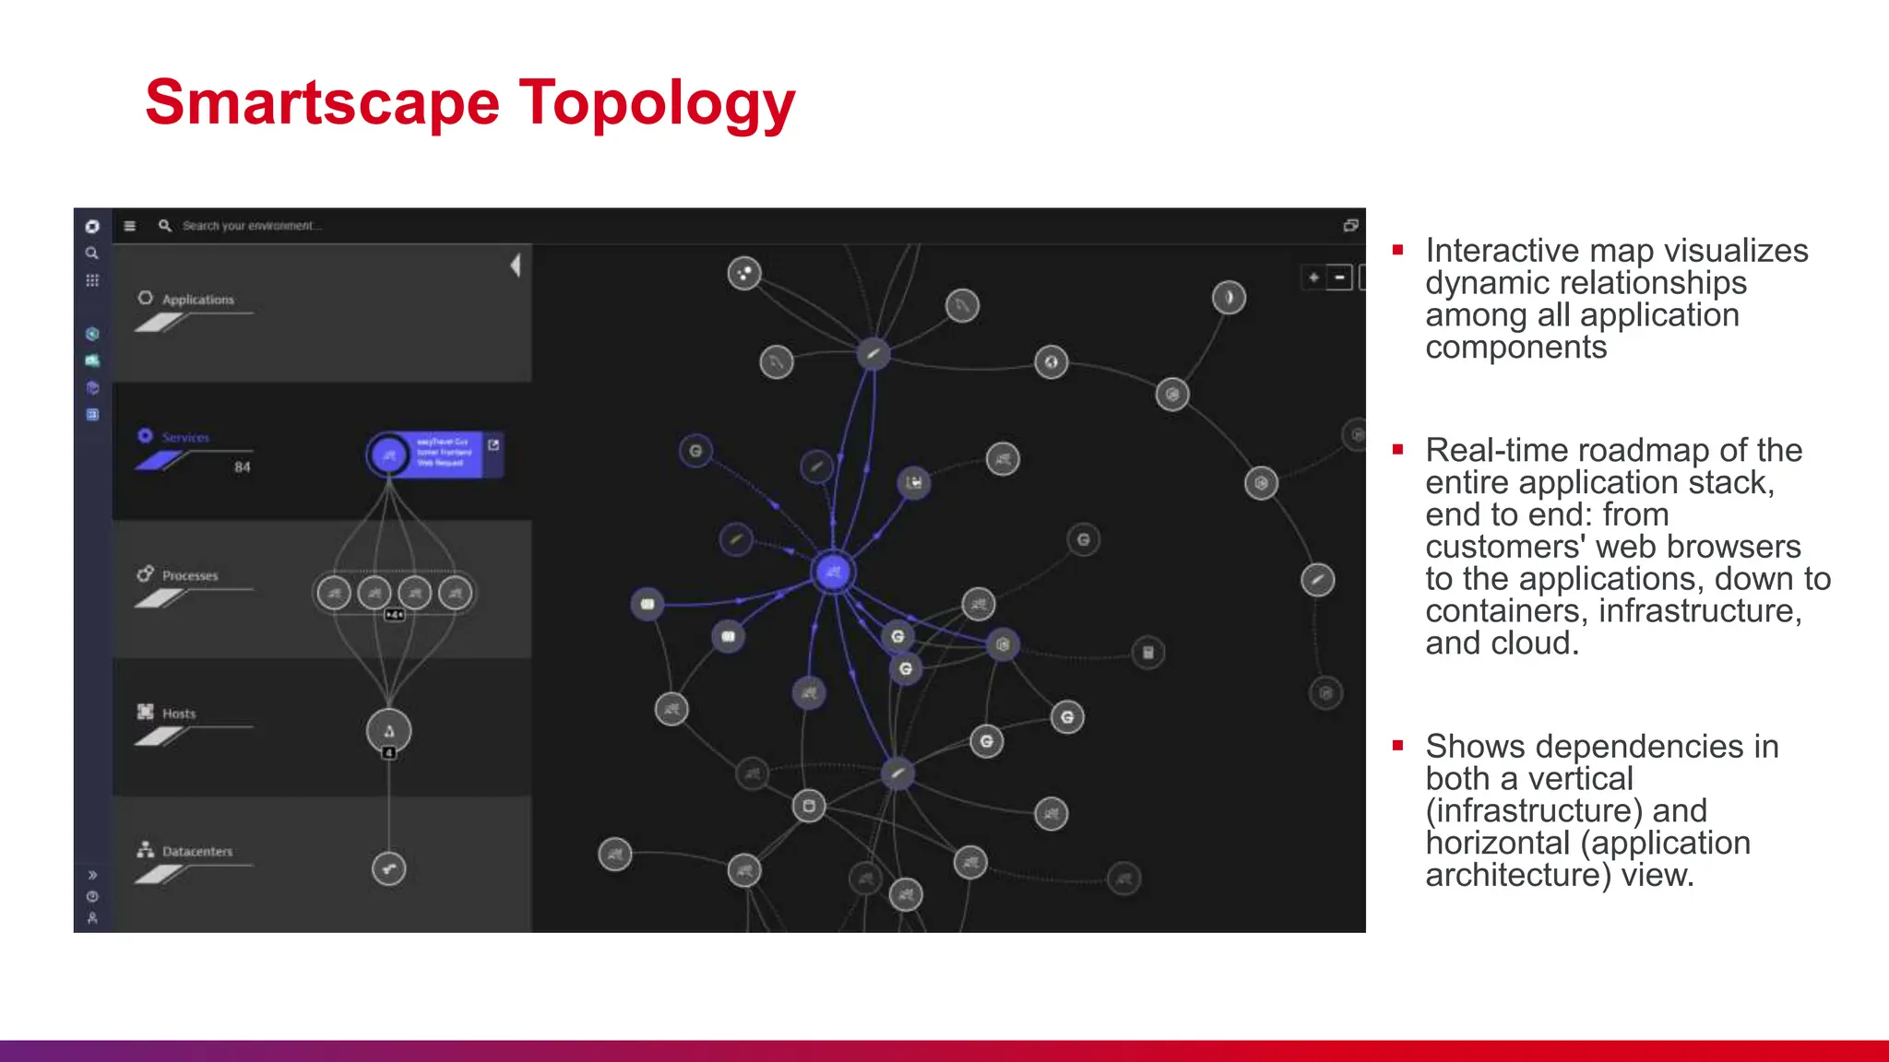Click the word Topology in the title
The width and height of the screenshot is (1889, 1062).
click(x=657, y=103)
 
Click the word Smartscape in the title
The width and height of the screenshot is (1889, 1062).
click(x=322, y=103)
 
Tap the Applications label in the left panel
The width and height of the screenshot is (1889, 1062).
click(x=197, y=300)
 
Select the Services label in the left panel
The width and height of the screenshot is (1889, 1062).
click(x=185, y=437)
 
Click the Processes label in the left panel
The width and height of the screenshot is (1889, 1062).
click(x=190, y=575)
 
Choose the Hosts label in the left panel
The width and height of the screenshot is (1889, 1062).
click(x=179, y=714)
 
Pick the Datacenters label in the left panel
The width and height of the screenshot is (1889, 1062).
click(x=197, y=851)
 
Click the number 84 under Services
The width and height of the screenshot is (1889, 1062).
click(x=242, y=467)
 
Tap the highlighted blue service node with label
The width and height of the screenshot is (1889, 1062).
click(x=389, y=454)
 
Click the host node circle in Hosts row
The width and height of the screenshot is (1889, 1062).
click(x=389, y=731)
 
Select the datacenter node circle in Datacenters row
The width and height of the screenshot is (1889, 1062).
click(x=388, y=868)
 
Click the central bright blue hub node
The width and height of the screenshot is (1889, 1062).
click(x=833, y=572)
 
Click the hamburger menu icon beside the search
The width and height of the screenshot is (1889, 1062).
click(x=130, y=226)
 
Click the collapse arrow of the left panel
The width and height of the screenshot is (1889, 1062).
click(x=516, y=265)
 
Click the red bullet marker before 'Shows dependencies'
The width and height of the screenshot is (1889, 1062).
click(x=1398, y=745)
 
